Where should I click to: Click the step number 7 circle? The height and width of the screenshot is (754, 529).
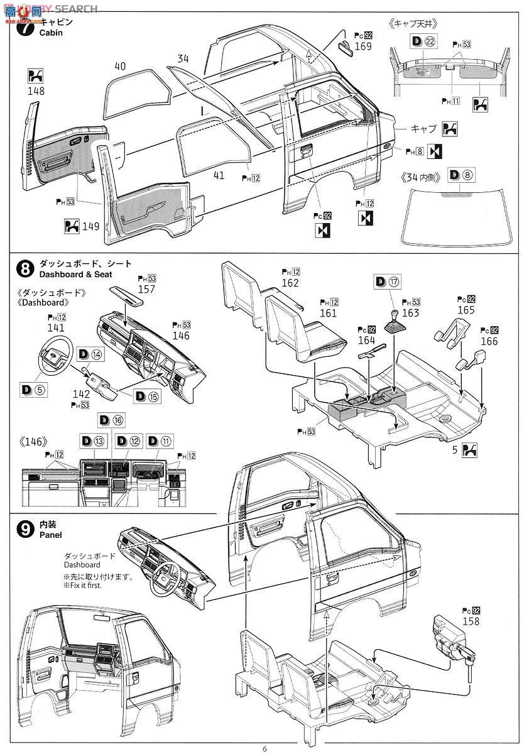tap(25, 28)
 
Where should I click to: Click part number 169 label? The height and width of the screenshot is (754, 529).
tap(362, 46)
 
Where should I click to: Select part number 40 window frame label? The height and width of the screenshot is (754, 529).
tap(121, 66)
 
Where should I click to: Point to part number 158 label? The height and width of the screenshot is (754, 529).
tap(470, 621)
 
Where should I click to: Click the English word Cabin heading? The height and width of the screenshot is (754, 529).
tap(52, 33)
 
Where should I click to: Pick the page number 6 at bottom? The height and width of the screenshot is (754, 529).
tap(264, 748)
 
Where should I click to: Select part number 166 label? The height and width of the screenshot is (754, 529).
tap(488, 341)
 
